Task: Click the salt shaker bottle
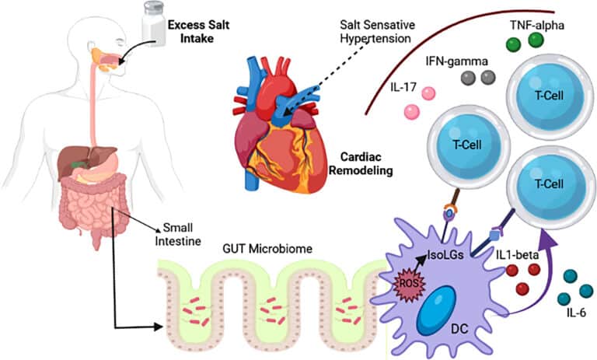[154, 23]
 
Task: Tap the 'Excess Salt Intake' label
[199, 32]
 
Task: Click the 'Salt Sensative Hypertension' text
[377, 32]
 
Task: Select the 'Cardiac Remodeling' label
[361, 163]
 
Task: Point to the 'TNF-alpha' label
[537, 25]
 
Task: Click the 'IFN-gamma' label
[456, 61]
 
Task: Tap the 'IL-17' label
[403, 87]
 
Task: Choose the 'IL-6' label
[576, 313]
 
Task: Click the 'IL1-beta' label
[517, 255]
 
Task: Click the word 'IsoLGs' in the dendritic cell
[445, 254]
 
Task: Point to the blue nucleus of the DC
[436, 310]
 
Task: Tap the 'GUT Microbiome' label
[267, 249]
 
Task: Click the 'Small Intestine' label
[178, 234]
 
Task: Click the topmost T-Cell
[549, 97]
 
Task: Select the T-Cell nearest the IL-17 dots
[468, 147]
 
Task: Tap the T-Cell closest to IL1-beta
[548, 187]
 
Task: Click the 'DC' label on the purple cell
[459, 328]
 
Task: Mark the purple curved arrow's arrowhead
[547, 238]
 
